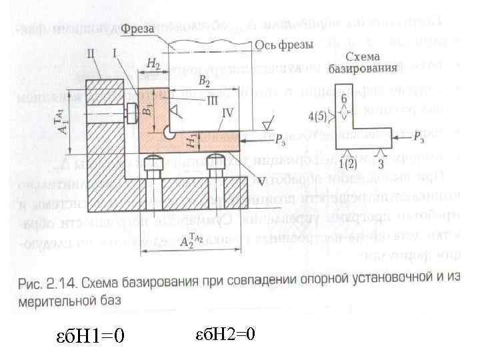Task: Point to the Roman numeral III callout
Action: tap(213, 99)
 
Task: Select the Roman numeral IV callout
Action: tap(227, 114)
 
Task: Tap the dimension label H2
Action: tap(153, 63)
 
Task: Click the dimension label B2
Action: tap(204, 82)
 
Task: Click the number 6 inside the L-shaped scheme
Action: tap(344, 99)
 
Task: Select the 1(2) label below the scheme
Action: tap(345, 164)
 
